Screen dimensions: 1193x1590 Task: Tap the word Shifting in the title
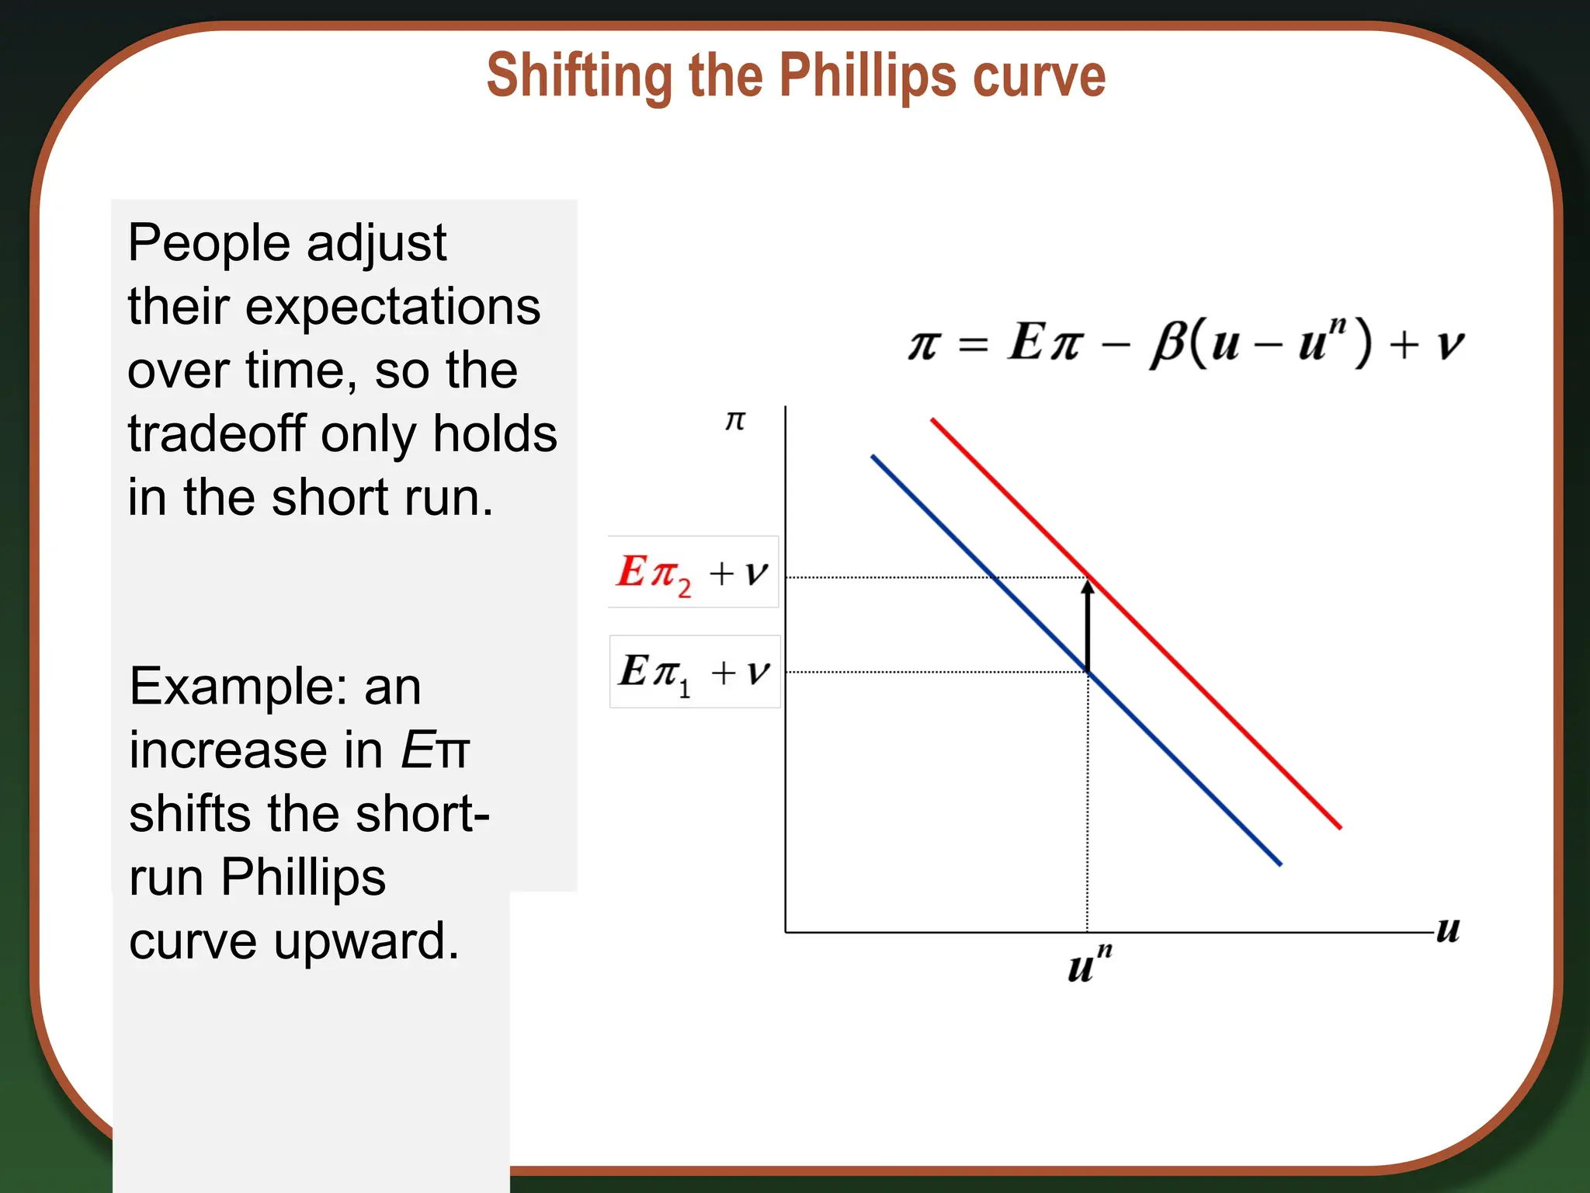point(578,76)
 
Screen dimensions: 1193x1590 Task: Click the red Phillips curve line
point(1211,699)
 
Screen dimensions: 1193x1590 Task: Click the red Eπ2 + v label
point(693,572)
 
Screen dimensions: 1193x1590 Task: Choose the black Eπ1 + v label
point(694,672)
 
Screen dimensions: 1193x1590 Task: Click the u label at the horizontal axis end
point(1448,929)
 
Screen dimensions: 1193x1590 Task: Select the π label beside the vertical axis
point(734,421)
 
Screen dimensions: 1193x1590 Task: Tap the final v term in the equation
point(1449,345)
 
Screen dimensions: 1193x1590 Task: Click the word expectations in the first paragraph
point(393,308)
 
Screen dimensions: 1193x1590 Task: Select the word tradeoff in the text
point(217,433)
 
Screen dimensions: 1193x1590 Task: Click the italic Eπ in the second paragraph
point(436,750)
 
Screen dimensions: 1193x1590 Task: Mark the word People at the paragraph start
point(209,243)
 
